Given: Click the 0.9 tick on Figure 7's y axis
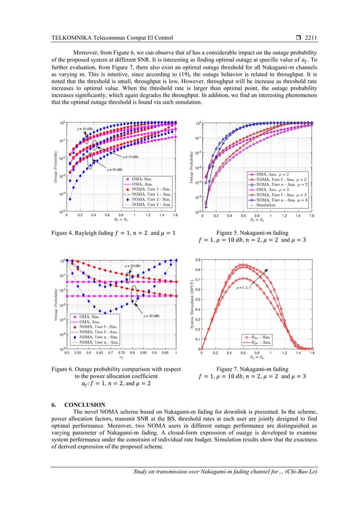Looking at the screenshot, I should point(196,260).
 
